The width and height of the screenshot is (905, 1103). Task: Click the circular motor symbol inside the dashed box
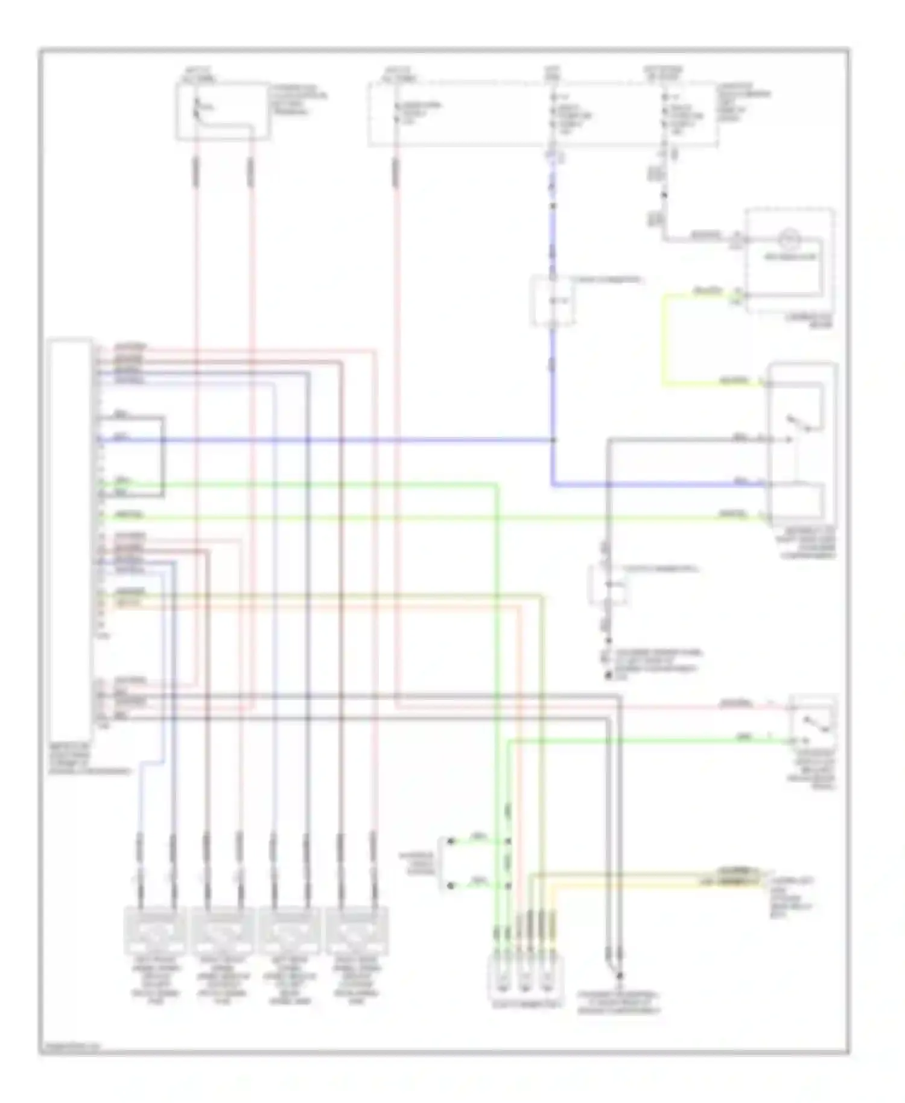pos(787,240)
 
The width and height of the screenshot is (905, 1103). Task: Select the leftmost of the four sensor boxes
pos(156,929)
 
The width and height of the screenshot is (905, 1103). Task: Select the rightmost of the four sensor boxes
pos(357,929)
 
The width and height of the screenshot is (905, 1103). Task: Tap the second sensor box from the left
pos(223,929)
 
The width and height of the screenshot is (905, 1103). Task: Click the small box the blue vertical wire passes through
pos(552,300)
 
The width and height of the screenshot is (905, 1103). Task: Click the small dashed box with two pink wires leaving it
pos(223,112)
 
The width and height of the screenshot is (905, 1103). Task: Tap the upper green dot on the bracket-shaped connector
pos(449,841)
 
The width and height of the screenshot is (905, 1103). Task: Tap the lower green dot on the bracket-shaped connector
pos(449,885)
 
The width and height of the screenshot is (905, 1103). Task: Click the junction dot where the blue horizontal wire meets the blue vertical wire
pos(553,440)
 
